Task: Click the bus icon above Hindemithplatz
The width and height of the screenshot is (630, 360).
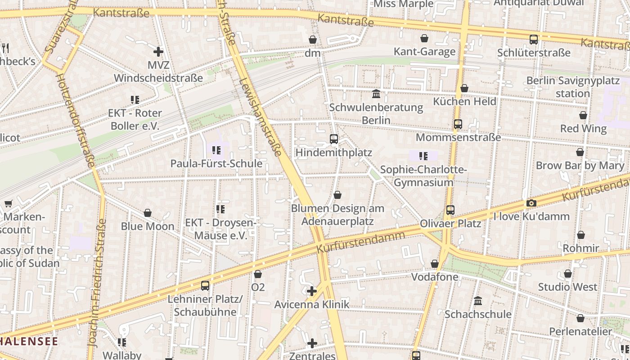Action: [333, 139]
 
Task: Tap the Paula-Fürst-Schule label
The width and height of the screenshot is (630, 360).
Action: [216, 163]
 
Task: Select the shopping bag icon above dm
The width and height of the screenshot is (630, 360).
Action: [313, 40]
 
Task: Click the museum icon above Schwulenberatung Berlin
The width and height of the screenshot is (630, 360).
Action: [376, 94]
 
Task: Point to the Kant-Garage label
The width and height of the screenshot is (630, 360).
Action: [424, 52]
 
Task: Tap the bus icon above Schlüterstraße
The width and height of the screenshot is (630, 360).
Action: [534, 39]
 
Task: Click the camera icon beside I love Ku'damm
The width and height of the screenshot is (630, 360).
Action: [531, 203]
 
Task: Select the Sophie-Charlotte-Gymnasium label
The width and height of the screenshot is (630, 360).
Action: [423, 176]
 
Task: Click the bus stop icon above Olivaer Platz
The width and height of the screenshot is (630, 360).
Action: [450, 210]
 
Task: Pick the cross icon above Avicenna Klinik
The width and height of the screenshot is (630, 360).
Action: [312, 291]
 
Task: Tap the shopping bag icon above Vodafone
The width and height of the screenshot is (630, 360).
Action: [435, 264]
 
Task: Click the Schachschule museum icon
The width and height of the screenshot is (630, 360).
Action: [478, 301]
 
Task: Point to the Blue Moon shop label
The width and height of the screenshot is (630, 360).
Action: [147, 226]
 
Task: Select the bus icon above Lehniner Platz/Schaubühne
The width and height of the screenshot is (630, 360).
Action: [205, 285]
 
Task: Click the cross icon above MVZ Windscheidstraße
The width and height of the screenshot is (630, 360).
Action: [158, 52]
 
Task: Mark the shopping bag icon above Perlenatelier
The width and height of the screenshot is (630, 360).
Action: [580, 318]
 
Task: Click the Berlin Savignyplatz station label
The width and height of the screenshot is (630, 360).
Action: [573, 87]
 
